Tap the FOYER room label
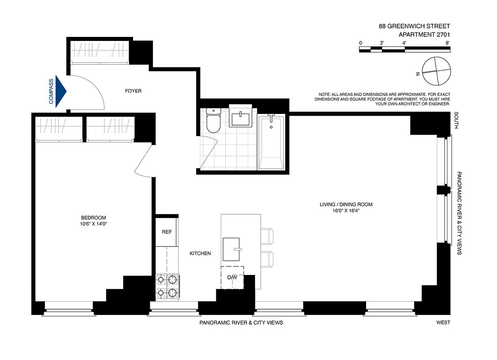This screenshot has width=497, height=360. pyautogui.click(x=133, y=91)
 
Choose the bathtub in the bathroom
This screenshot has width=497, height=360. pyautogui.click(x=271, y=143)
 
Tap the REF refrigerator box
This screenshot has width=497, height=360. pyautogui.click(x=166, y=232)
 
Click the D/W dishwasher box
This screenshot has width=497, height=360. pyautogui.click(x=232, y=277)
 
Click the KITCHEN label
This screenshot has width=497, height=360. pyautogui.click(x=200, y=254)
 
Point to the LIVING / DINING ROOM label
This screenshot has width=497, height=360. pyautogui.click(x=344, y=204)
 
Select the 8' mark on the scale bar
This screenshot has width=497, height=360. pyautogui.click(x=448, y=43)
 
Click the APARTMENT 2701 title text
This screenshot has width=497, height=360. pyautogui.click(x=425, y=34)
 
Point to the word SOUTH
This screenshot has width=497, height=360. pyautogui.click(x=456, y=121)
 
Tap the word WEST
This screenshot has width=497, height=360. pyautogui.click(x=443, y=323)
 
